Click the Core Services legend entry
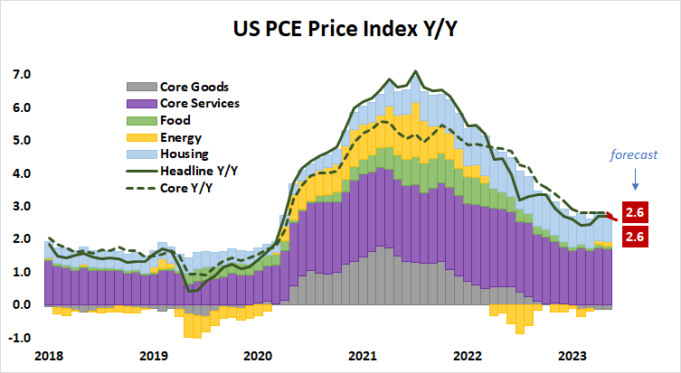200,104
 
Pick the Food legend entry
176,121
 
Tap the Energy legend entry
181,137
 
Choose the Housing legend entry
184,154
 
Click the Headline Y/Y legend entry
198,171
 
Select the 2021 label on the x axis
363,356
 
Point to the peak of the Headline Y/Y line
415,70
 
